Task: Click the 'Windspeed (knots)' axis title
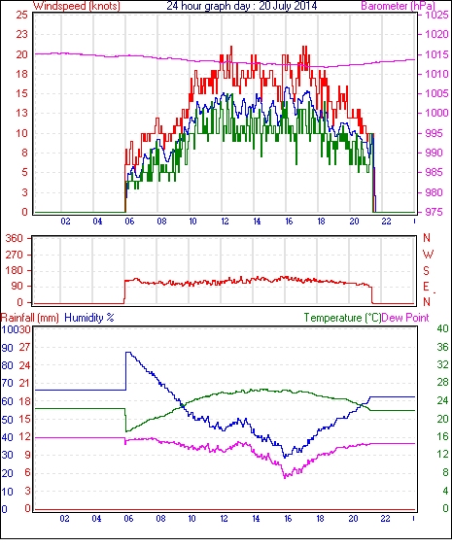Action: click(x=76, y=6)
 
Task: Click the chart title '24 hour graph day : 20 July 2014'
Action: click(x=241, y=6)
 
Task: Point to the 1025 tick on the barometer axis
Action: click(x=436, y=15)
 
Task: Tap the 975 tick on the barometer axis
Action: click(x=435, y=212)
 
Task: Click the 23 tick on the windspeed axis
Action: click(x=21, y=34)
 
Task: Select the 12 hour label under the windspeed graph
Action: click(x=225, y=222)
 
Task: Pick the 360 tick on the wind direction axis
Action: click(x=15, y=238)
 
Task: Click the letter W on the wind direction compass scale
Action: click(x=428, y=255)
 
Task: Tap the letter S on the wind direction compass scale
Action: click(x=426, y=270)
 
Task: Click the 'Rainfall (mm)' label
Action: click(x=30, y=318)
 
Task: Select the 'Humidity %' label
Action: click(x=89, y=318)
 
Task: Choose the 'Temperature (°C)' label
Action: click(x=342, y=318)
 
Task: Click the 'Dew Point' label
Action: click(x=405, y=318)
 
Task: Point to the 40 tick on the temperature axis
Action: click(x=442, y=328)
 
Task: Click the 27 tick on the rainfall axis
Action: click(x=24, y=347)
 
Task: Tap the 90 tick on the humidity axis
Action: click(x=8, y=348)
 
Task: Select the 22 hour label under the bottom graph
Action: click(x=385, y=519)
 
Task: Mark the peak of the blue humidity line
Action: click(x=128, y=353)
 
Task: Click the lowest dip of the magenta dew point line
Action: click(x=285, y=477)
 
